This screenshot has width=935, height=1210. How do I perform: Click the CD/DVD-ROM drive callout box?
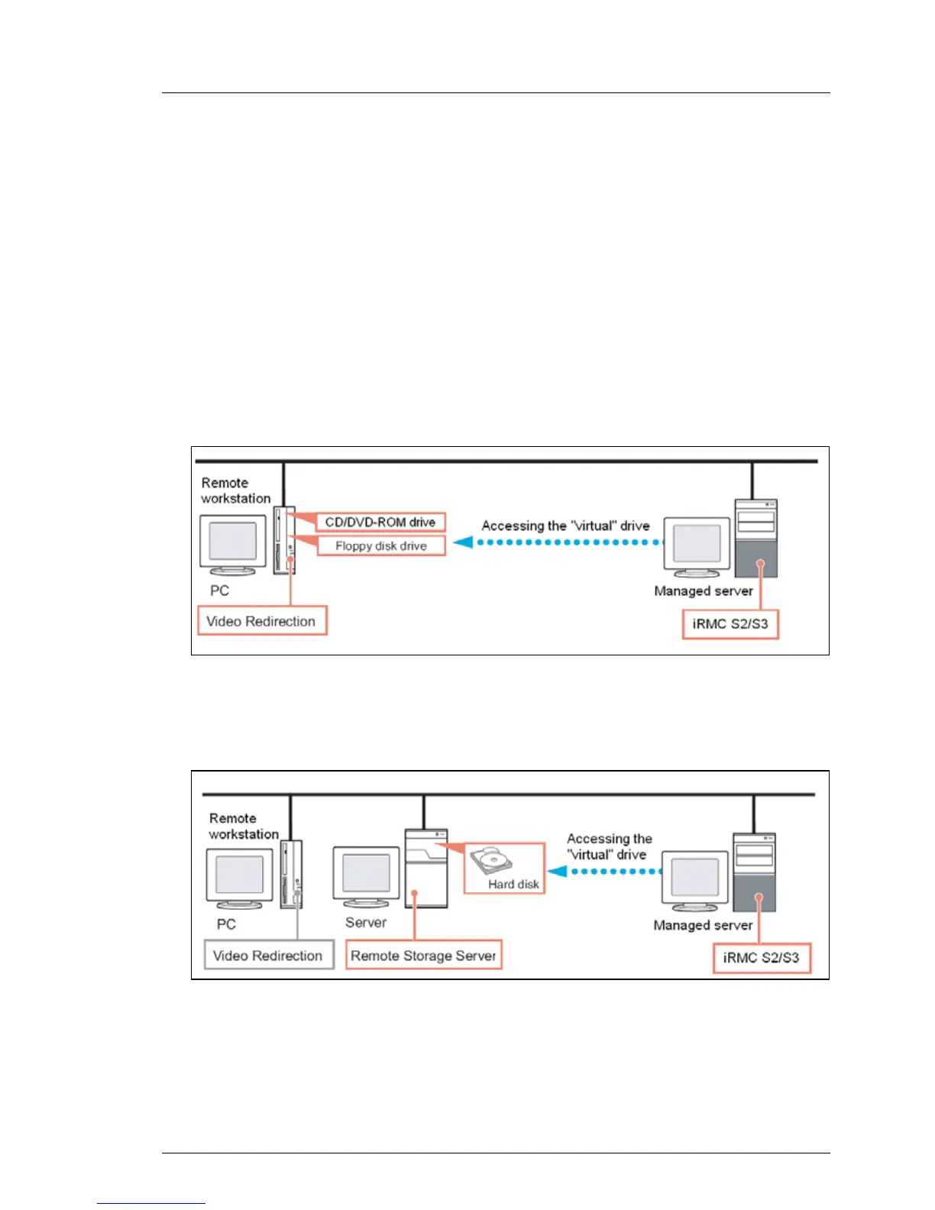[x=381, y=522]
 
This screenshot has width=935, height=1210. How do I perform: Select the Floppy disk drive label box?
[x=381, y=545]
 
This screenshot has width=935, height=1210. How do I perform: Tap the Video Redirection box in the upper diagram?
[x=262, y=621]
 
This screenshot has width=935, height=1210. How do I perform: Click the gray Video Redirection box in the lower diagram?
[x=269, y=955]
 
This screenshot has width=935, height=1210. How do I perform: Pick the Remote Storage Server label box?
[x=424, y=955]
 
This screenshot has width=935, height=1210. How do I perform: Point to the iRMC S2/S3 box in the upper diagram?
[x=730, y=624]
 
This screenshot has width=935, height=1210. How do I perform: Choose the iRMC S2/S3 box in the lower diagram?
[x=762, y=958]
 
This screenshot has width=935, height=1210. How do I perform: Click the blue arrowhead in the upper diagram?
[x=464, y=542]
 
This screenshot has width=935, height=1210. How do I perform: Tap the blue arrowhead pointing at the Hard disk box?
[x=557, y=872]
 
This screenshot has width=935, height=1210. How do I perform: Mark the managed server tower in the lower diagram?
[x=755, y=872]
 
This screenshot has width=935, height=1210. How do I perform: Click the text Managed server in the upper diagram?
[x=704, y=590]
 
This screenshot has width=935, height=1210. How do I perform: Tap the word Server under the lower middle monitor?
[x=366, y=922]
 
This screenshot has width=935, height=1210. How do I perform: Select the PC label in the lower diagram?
[x=226, y=924]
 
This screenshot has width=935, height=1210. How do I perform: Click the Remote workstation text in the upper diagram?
[x=235, y=490]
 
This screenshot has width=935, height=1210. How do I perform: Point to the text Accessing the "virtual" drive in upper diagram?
[x=566, y=526]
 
